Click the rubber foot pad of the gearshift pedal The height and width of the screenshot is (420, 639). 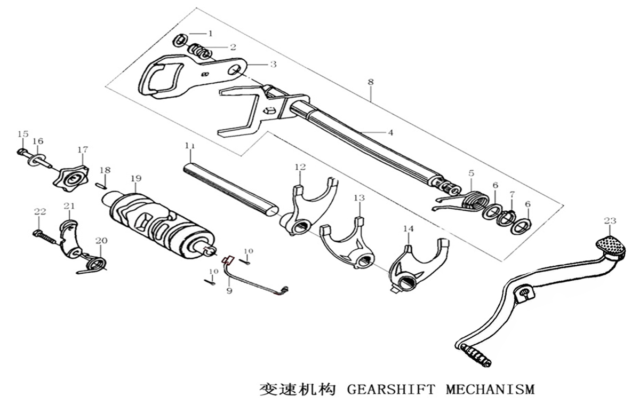(x=610, y=246)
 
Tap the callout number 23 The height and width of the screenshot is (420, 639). (x=610, y=221)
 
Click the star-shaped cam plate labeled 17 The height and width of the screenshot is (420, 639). (x=71, y=178)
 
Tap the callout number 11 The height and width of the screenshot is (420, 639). (x=189, y=146)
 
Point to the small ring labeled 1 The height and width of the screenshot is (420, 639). (x=180, y=40)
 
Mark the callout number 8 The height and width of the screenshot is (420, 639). (x=370, y=82)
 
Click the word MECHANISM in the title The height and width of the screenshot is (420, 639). (x=490, y=390)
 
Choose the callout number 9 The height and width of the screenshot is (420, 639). (x=229, y=291)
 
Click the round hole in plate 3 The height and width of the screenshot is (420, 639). (x=234, y=70)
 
